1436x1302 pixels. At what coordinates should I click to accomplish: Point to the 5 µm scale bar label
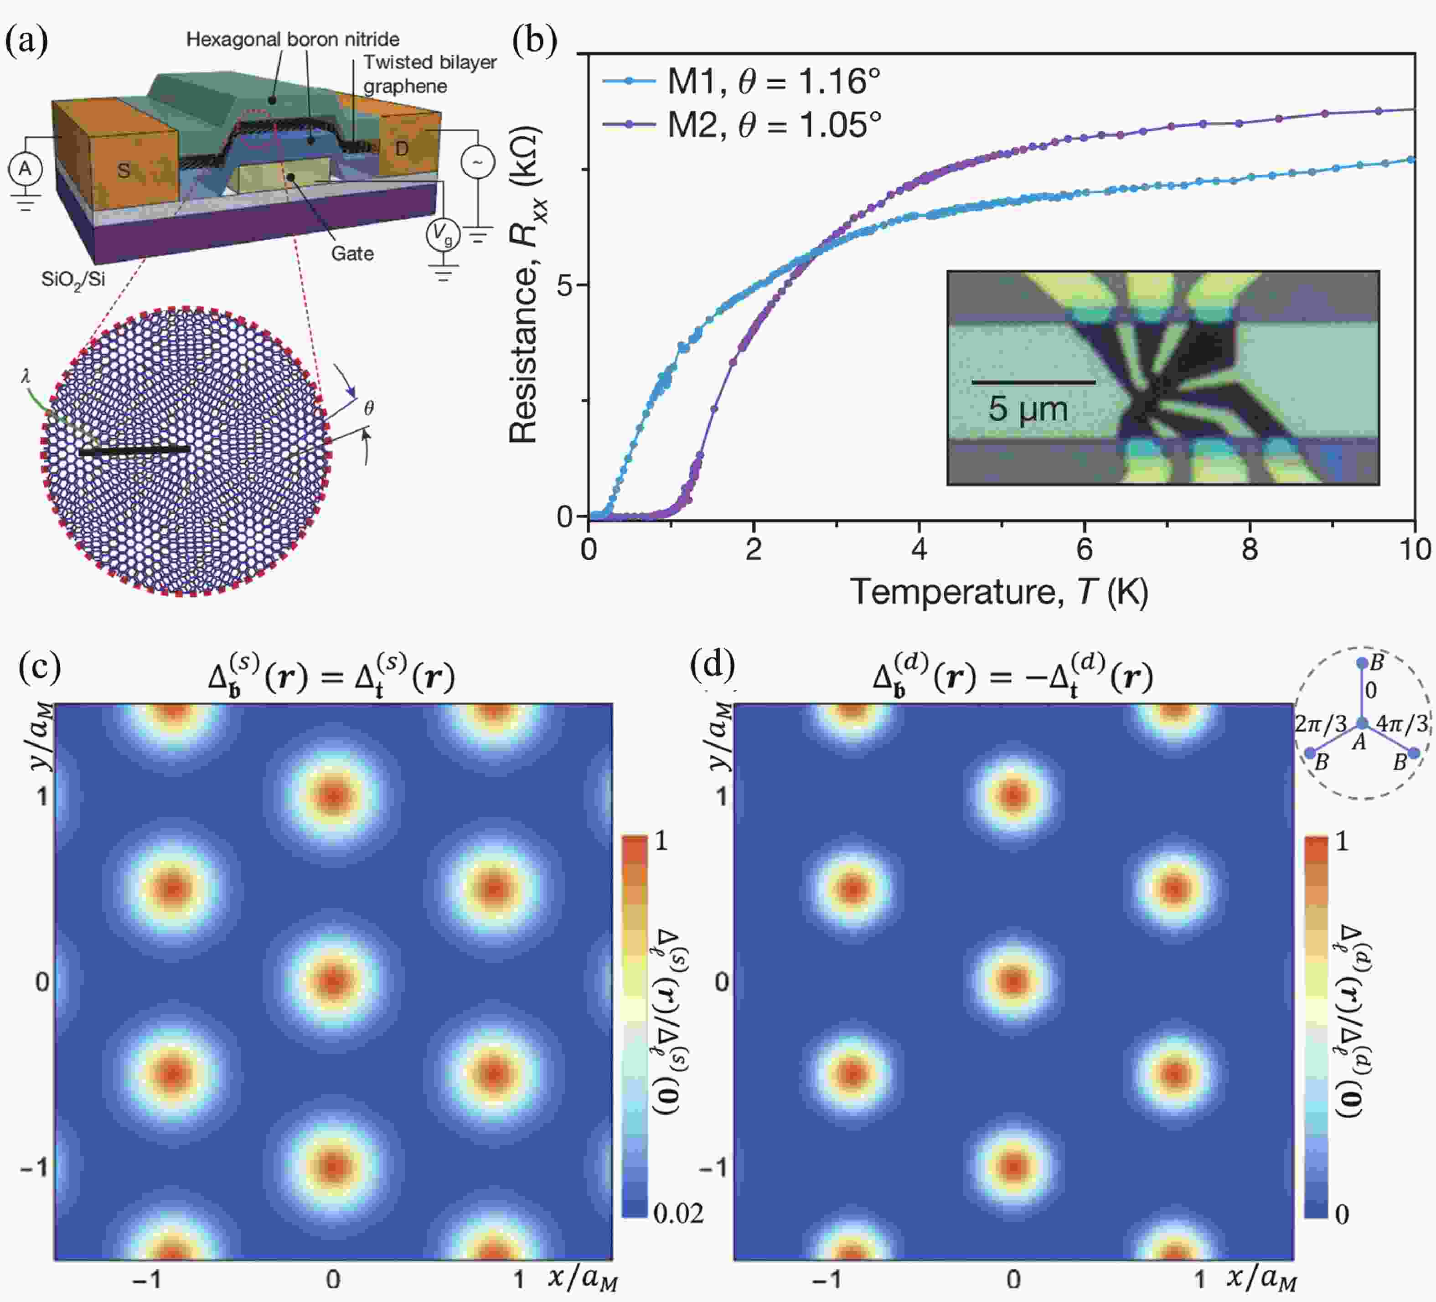pyautogui.click(x=1027, y=409)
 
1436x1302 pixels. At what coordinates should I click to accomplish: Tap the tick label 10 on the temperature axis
pyautogui.click(x=1414, y=549)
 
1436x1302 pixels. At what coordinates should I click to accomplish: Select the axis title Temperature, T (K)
pyautogui.click(x=999, y=591)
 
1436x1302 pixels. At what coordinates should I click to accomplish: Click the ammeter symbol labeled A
pyautogui.click(x=25, y=169)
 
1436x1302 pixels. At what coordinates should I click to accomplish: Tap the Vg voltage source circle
pyautogui.click(x=442, y=233)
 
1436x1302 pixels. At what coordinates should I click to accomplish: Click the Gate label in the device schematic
pyautogui.click(x=352, y=253)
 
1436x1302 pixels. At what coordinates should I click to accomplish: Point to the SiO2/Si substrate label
pyautogui.click(x=72, y=279)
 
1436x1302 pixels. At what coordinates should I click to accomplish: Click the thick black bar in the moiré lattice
pyautogui.click(x=134, y=450)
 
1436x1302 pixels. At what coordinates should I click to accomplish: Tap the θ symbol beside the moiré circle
pyautogui.click(x=368, y=408)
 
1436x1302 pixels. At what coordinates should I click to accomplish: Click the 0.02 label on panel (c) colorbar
pyautogui.click(x=677, y=1213)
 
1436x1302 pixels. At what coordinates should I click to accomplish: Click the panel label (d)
pyautogui.click(x=712, y=665)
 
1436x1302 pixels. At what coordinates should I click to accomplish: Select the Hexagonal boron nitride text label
pyautogui.click(x=293, y=39)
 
